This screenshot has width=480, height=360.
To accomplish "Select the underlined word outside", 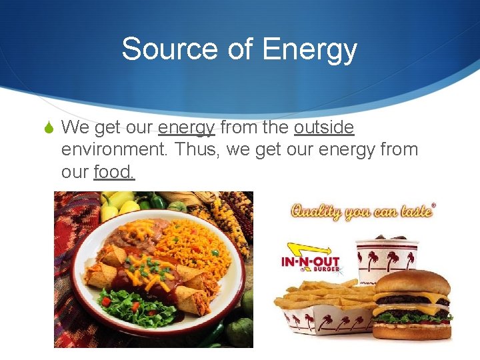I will tap(324, 127).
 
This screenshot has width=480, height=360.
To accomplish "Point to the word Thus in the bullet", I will tap(197, 149).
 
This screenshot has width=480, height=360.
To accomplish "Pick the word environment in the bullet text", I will tap(115, 149).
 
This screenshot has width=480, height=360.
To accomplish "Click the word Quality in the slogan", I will tap(314, 211).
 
